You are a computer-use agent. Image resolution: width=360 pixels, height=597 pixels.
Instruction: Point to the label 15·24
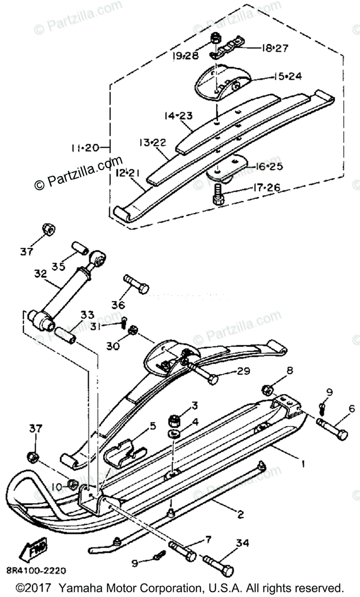(x=287, y=77)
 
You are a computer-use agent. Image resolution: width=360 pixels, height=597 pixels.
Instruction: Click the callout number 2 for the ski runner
(x=240, y=514)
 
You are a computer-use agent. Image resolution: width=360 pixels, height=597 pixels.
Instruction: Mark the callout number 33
(x=87, y=314)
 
